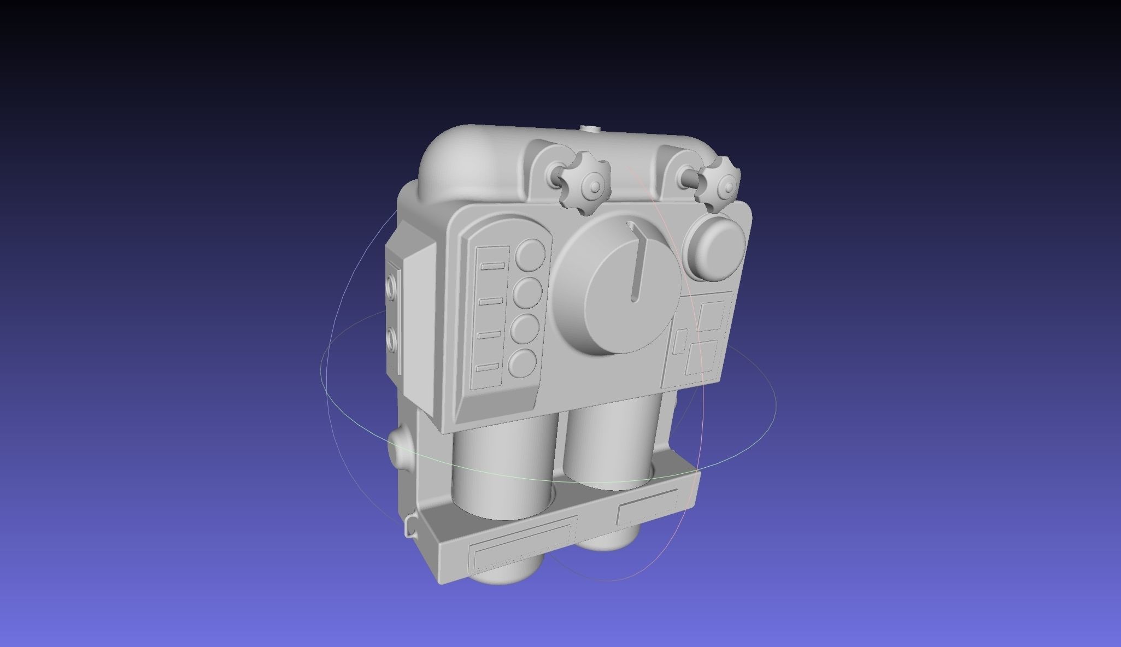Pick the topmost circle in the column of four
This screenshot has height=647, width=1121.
pyautogui.click(x=531, y=254)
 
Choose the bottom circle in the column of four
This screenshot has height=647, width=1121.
pyautogui.click(x=522, y=362)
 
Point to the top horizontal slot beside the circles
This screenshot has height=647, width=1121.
pyautogui.click(x=493, y=266)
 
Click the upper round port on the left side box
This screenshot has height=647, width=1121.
pyautogui.click(x=392, y=285)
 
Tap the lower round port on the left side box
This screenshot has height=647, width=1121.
pyautogui.click(x=391, y=339)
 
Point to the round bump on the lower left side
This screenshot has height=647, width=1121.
pyautogui.click(x=396, y=451)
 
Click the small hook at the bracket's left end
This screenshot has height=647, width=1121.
pyautogui.click(x=409, y=527)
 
